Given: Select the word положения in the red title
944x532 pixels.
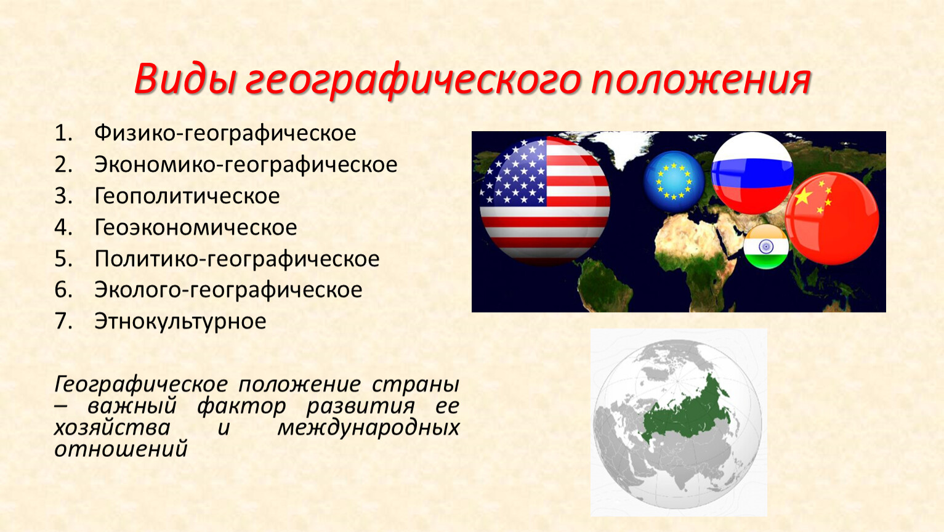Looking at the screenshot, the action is pyautogui.click(x=700, y=80).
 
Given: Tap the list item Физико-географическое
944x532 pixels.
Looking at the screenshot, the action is pyautogui.click(x=225, y=134).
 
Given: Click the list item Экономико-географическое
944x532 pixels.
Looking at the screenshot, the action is pyautogui.click(x=246, y=165).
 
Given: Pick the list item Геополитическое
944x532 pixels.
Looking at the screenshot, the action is pyautogui.click(x=187, y=196).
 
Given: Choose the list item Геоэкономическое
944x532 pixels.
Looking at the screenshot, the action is pyautogui.click(x=196, y=228).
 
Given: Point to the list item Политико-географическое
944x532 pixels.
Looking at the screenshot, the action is pyautogui.click(x=237, y=259).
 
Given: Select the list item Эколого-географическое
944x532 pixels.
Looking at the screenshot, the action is pyautogui.click(x=228, y=291).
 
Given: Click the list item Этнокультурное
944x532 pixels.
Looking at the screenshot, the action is pyautogui.click(x=180, y=321).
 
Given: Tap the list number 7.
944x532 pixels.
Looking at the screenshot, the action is pyautogui.click(x=63, y=321).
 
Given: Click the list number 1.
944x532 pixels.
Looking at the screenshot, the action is pyautogui.click(x=63, y=133).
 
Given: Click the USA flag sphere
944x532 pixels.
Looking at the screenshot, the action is pyautogui.click(x=544, y=200).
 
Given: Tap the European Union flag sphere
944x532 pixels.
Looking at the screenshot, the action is pyautogui.click(x=674, y=181).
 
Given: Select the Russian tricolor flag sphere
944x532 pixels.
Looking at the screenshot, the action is pyautogui.click(x=752, y=173).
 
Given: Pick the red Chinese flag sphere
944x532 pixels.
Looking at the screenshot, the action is pyautogui.click(x=833, y=219).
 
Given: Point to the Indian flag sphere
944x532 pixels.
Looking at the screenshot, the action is pyautogui.click(x=766, y=247).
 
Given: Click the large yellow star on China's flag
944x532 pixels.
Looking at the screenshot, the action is pyautogui.click(x=803, y=196).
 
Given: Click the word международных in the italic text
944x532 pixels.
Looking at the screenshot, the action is pyautogui.click(x=368, y=428).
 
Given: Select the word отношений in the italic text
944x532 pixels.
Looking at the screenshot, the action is pyautogui.click(x=121, y=449).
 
